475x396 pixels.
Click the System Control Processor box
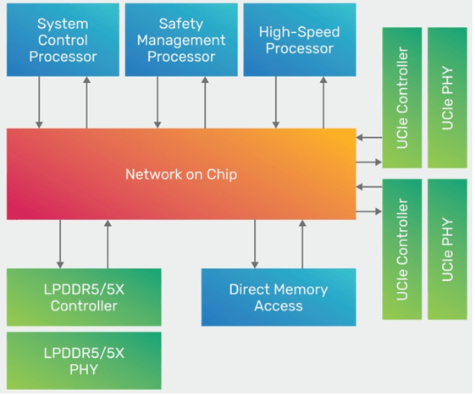pyautogui.click(x=63, y=40)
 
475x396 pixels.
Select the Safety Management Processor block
pyautogui.click(x=181, y=40)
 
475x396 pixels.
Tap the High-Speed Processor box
pyautogui.click(x=300, y=40)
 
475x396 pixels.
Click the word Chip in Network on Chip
pyautogui.click(x=222, y=174)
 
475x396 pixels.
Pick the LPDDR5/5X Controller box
pyautogui.click(x=84, y=297)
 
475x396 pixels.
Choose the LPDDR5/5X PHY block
pyautogui.click(x=84, y=360)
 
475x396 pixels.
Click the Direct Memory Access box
pyautogui.click(x=279, y=297)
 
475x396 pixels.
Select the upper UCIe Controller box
pyautogui.click(x=402, y=97)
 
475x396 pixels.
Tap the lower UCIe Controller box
pyautogui.click(x=402, y=249)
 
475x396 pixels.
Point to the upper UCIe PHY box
pyautogui.click(x=447, y=97)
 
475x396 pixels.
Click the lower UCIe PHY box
pyautogui.click(x=447, y=249)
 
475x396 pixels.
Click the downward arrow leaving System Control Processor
pyautogui.click(x=39, y=102)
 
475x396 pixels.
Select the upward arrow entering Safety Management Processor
pyautogui.click(x=205, y=102)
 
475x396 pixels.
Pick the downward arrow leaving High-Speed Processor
pyautogui.click(x=276, y=102)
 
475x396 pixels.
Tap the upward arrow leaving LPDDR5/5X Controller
pyautogui.click(x=108, y=244)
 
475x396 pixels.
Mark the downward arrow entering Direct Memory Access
pyautogui.click(x=255, y=244)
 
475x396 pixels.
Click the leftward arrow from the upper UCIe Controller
pyautogui.click(x=369, y=137)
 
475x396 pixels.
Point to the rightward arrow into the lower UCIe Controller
pyautogui.click(x=369, y=212)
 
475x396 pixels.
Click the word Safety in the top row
pyautogui.click(x=181, y=24)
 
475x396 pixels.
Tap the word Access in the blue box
pyautogui.click(x=279, y=305)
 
